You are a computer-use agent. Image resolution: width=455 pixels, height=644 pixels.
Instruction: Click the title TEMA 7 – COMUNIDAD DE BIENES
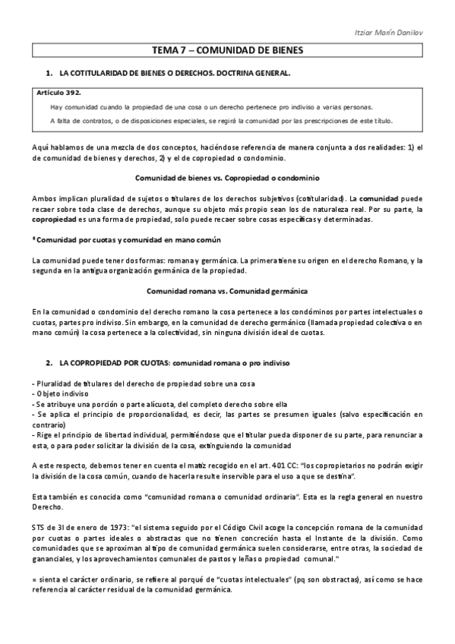227,50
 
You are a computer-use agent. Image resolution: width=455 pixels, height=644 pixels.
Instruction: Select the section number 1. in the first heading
49,73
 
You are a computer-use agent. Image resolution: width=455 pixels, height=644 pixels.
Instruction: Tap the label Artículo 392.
60,91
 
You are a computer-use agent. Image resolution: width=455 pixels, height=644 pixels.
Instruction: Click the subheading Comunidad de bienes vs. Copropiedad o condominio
227,178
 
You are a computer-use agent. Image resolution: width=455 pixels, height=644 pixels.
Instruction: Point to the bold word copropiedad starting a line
52,219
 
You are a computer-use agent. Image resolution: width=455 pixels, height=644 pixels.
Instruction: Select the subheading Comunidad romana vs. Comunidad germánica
227,291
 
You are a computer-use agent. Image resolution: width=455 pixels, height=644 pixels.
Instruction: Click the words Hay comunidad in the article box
67,107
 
